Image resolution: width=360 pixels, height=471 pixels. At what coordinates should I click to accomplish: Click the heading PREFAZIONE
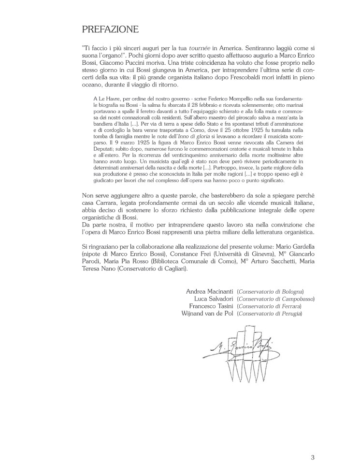(111, 30)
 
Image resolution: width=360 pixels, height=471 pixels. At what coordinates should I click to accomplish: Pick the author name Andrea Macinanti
(209, 291)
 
